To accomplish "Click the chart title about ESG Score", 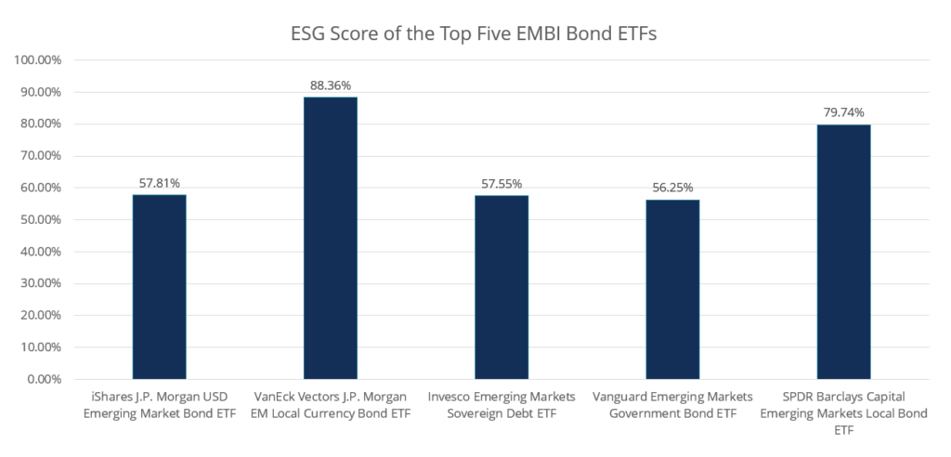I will pos(475,34).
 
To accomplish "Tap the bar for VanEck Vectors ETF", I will pos(330,238).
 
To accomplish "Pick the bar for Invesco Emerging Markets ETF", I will pos(502,287).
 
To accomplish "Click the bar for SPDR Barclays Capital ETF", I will pos(843,252).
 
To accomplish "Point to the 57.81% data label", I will pos(159,183).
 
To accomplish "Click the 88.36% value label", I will pos(330,85).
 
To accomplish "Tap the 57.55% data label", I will pos(502,184).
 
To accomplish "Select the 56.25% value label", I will pos(672,188).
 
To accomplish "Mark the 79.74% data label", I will pos(843,112).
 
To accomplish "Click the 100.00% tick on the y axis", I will pos(37,60).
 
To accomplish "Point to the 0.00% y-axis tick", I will pos(43,379).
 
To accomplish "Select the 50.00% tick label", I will pos(40,220).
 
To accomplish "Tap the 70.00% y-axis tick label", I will pos(40,156).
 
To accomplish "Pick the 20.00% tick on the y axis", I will pos(40,316).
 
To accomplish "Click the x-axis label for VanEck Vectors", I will pos(330,405).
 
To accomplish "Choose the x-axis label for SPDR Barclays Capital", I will pos(843,413).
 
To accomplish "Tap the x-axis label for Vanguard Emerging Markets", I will pos(672,405).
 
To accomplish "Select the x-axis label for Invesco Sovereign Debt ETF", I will pos(502,405).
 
